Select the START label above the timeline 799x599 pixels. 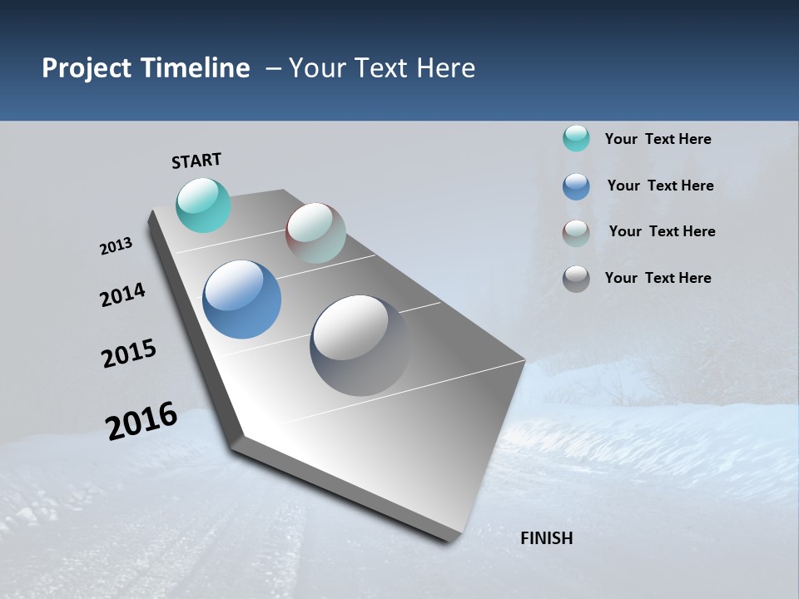point(196,161)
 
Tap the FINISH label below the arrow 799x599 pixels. point(547,538)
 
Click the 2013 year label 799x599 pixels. point(116,246)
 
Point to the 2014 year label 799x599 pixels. point(122,295)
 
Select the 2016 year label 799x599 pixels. point(141,421)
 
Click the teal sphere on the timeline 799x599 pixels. point(203,205)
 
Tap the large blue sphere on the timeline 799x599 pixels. point(241,299)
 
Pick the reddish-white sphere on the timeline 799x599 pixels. point(315,233)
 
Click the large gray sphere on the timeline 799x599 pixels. point(360,345)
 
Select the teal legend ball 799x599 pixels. point(576,138)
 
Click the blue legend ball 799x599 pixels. point(576,186)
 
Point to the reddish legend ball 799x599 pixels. point(576,232)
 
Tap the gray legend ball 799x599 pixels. point(576,279)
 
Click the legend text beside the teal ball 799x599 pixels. point(658,139)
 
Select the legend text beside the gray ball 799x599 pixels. point(658,278)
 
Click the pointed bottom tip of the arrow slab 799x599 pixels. point(449,537)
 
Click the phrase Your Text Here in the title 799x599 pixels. point(382,68)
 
